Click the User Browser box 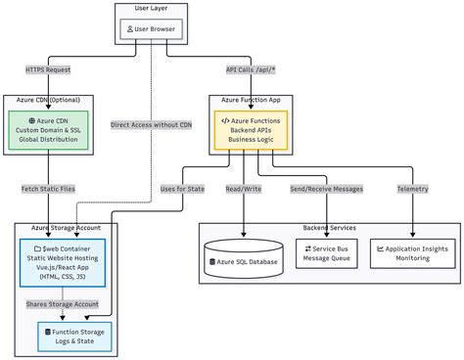(151, 29)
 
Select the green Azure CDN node (48, 130)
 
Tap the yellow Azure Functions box (251, 130)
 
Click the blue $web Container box (63, 263)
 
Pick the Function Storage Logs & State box (74, 337)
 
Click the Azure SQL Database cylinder (244, 258)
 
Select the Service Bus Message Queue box (327, 253)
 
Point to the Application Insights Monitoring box (413, 253)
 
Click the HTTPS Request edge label (48, 69)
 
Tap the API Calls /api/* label (251, 69)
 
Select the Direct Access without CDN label (151, 125)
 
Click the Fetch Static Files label (48, 189)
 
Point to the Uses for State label (182, 189)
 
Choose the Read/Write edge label (244, 189)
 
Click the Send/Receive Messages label (327, 189)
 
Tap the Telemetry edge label (413, 189)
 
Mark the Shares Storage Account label (63, 304)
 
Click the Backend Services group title (330, 228)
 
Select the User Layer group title (151, 8)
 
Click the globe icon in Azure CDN (32, 120)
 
